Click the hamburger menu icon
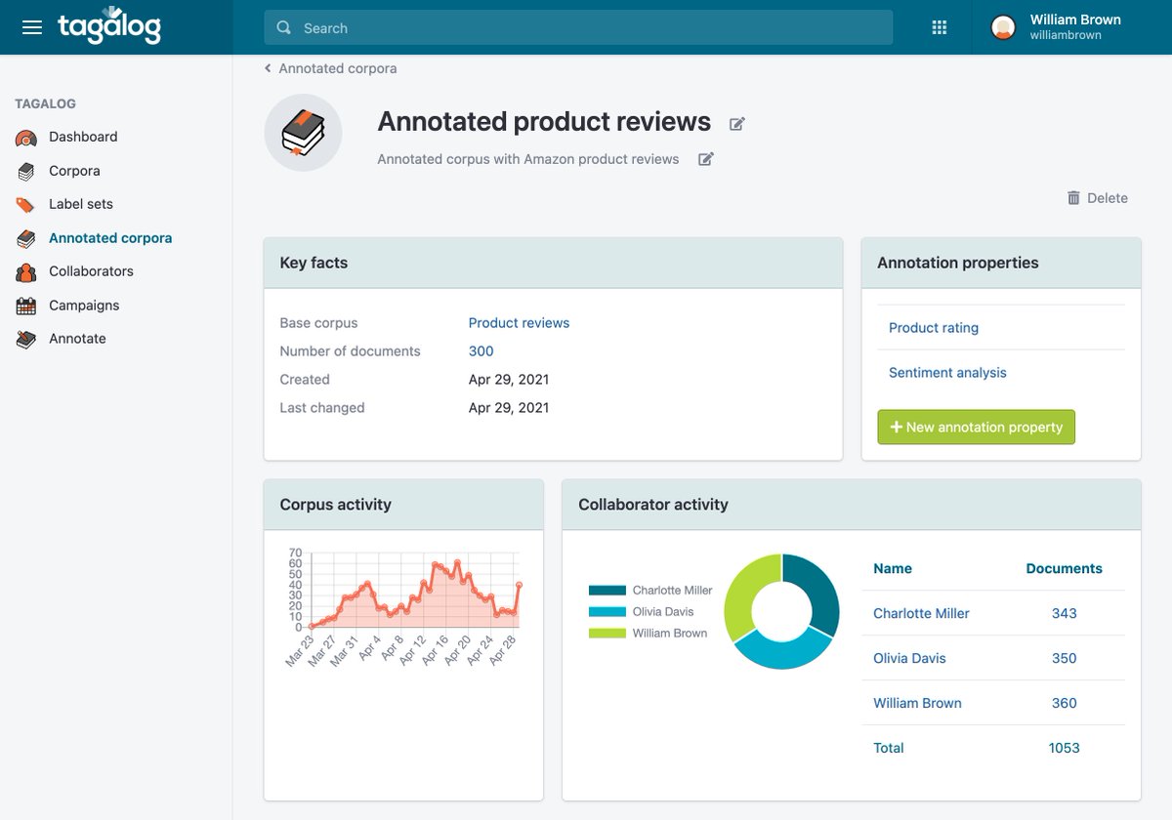32,27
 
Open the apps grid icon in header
940,27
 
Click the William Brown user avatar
1003,27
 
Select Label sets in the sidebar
81,204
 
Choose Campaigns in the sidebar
84,306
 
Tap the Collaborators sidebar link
91,271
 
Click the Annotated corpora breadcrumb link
337,68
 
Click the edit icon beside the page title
737,123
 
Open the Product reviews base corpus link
519,323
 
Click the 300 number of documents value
481,351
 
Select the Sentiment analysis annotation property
947,373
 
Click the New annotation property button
976,428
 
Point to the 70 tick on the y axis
295,553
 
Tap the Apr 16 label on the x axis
436,650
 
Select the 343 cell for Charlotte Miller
1064,614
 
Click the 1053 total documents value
1064,749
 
